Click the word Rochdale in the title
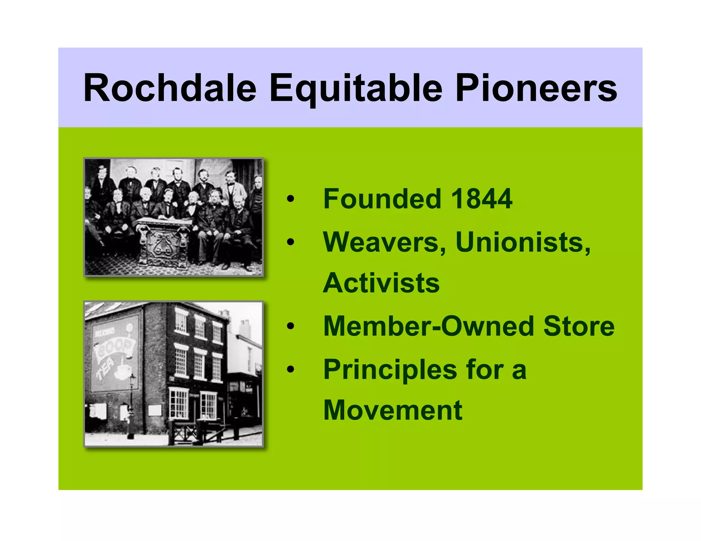pyautogui.click(x=170, y=88)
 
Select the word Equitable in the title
pyautogui.click(x=356, y=89)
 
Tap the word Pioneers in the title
pyautogui.click(x=536, y=88)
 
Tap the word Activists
pyautogui.click(x=381, y=283)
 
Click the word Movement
pyautogui.click(x=393, y=410)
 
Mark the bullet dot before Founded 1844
pyautogui.click(x=290, y=199)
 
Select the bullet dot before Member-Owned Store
pyautogui.click(x=290, y=326)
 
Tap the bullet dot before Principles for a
pyautogui.click(x=290, y=369)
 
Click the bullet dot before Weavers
pyautogui.click(x=290, y=242)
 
